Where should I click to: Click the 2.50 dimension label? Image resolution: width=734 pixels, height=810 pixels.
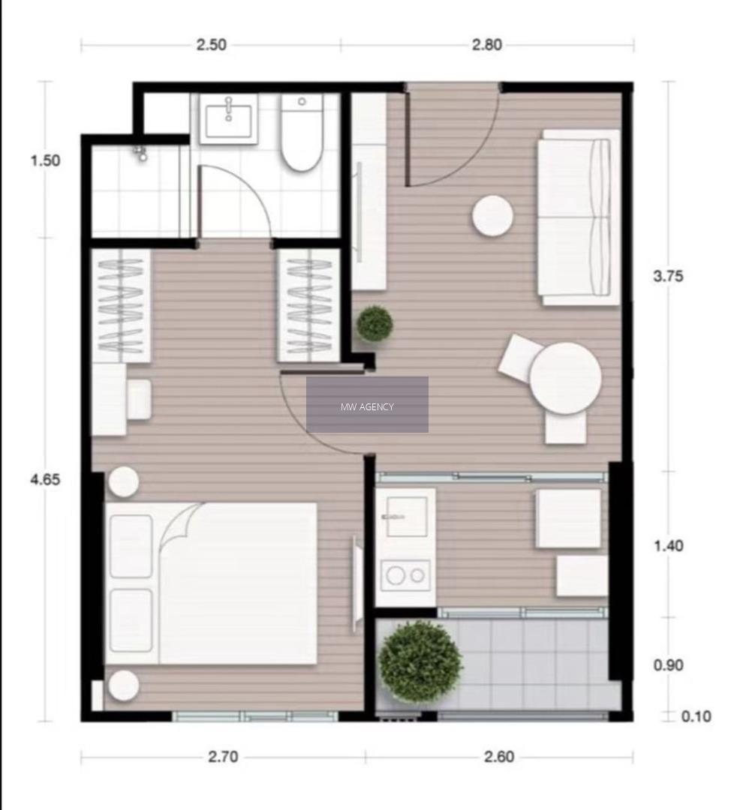[x=211, y=45]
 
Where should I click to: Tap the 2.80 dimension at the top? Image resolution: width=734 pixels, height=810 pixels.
[x=486, y=45]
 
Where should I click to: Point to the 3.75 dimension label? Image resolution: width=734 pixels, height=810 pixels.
[x=668, y=276]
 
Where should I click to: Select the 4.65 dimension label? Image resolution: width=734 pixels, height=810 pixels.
[x=45, y=479]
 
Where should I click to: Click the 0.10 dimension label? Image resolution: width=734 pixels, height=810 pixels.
[x=696, y=716]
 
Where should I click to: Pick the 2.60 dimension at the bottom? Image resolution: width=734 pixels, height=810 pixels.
[x=499, y=757]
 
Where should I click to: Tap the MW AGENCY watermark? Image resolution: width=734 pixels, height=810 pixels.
[x=367, y=407]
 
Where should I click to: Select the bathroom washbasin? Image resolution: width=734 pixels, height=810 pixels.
[x=228, y=118]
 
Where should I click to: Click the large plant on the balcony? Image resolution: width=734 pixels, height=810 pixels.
[x=420, y=661]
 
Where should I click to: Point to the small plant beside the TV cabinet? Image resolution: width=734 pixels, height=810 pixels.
[x=375, y=323]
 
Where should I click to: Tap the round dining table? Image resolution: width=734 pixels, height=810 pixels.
[x=565, y=378]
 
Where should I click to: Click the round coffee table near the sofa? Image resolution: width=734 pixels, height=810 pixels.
[x=492, y=216]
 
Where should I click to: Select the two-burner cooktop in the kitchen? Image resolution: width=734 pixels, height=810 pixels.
[x=406, y=575]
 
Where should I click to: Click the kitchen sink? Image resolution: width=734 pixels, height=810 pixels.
[x=406, y=517]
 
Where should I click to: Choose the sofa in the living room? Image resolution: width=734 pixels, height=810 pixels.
[x=579, y=217]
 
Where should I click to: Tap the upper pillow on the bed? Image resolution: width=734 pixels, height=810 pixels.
[x=131, y=546]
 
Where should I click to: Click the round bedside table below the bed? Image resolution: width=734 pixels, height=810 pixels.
[x=124, y=685]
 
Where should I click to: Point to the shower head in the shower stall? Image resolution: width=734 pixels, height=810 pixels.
[x=140, y=153]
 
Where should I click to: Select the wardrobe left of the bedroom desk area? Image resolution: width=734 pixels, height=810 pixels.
[x=121, y=306]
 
